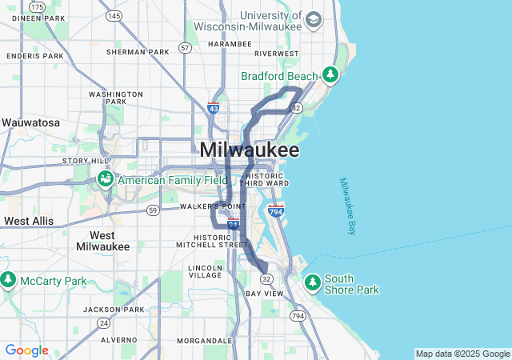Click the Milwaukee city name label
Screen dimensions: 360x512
tap(250, 150)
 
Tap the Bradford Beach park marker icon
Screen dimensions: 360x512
tap(330, 75)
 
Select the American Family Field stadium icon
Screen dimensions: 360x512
tap(106, 180)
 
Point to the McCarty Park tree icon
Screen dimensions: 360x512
tap(9, 281)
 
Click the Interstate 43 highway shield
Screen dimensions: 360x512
tap(213, 107)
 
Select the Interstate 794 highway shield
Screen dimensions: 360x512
tap(276, 212)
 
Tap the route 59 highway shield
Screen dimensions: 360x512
tap(152, 210)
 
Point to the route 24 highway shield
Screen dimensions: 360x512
tap(104, 322)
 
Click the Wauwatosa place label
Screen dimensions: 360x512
tap(30, 123)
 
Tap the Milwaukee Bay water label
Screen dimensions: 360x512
tap(346, 206)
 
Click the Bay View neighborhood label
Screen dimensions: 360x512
tap(264, 294)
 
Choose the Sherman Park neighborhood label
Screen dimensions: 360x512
tap(138, 52)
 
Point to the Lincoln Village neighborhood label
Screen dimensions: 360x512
tap(206, 270)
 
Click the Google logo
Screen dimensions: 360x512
tap(26, 350)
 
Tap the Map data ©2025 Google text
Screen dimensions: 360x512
tap(462, 354)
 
